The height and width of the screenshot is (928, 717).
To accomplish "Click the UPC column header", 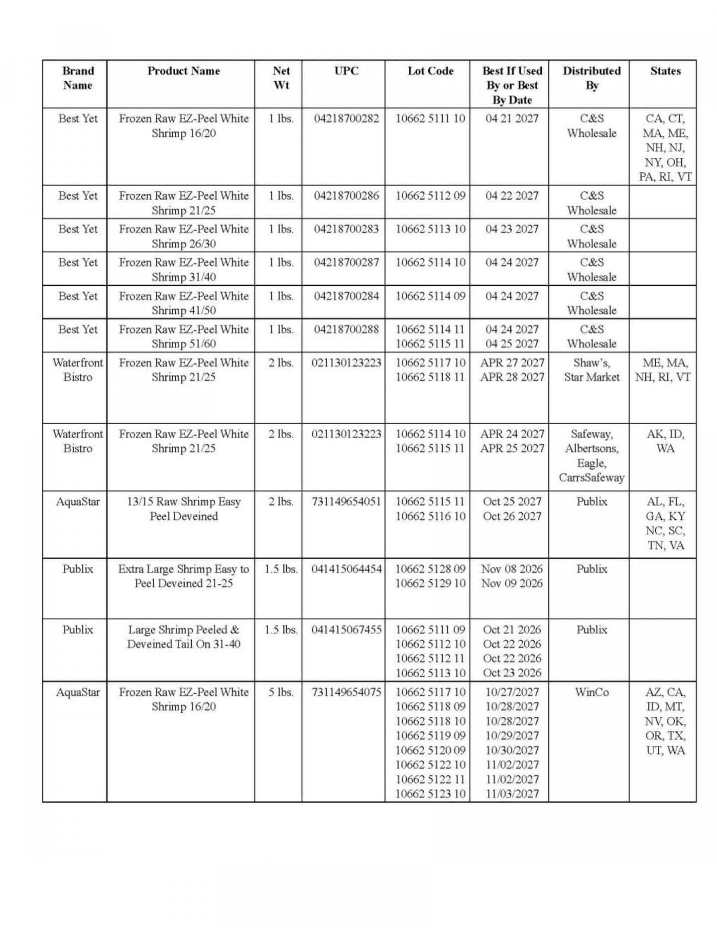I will (x=346, y=71).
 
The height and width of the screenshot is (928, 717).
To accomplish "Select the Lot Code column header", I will (x=430, y=71).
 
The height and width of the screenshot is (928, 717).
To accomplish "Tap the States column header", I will (x=665, y=71).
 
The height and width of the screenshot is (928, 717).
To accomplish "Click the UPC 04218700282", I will (x=346, y=118).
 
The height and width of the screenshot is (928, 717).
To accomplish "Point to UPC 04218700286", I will (x=346, y=196).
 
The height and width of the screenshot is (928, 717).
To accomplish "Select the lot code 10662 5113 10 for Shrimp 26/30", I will (x=430, y=229).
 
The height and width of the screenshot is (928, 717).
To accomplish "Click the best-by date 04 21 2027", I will (x=512, y=118).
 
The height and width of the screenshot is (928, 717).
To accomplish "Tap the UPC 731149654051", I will (x=346, y=501).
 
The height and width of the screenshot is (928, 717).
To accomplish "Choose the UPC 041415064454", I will (x=347, y=569).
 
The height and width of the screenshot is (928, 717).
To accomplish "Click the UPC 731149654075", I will (x=346, y=692).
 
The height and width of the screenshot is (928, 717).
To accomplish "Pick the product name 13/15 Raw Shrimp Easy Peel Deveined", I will (x=184, y=508).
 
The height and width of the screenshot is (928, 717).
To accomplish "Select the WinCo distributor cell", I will (x=592, y=692).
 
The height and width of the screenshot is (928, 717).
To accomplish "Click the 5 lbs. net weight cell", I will (x=281, y=692).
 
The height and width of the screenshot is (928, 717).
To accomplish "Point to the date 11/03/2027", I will (x=512, y=794).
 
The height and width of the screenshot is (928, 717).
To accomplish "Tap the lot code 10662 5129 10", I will (x=430, y=583).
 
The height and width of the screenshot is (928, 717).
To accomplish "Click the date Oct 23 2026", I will (x=512, y=673).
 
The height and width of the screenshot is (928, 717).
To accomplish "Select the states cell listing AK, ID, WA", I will (x=665, y=441).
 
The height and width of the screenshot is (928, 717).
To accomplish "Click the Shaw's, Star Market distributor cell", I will (x=592, y=370).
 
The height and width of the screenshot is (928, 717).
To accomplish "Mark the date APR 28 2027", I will (x=512, y=377).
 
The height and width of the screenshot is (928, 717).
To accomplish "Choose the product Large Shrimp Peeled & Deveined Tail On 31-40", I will (x=184, y=637).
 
